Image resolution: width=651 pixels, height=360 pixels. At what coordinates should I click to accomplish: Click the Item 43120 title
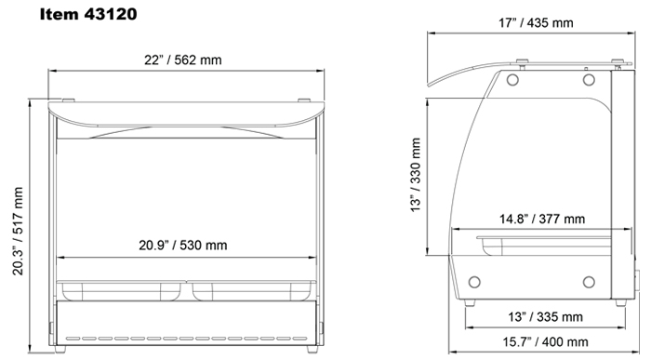tap(88, 14)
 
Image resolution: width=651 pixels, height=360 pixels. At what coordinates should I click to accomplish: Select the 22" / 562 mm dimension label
tap(182, 60)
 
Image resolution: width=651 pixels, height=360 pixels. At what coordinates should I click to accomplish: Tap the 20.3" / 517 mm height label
tap(18, 231)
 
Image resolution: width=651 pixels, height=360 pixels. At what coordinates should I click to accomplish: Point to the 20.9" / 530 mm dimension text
tap(182, 245)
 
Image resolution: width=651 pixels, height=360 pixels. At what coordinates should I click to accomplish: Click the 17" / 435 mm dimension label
tap(536, 22)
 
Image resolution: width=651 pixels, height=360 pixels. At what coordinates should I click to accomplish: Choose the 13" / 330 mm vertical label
tap(416, 175)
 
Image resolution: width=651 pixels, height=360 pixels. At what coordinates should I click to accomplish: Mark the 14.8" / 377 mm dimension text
tap(542, 219)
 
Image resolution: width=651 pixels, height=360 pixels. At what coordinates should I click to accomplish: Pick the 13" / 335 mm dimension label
tap(545, 317)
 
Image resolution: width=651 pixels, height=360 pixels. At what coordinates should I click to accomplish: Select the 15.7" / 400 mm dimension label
tap(545, 341)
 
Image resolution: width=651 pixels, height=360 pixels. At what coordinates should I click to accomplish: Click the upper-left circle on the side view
tap(512, 80)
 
